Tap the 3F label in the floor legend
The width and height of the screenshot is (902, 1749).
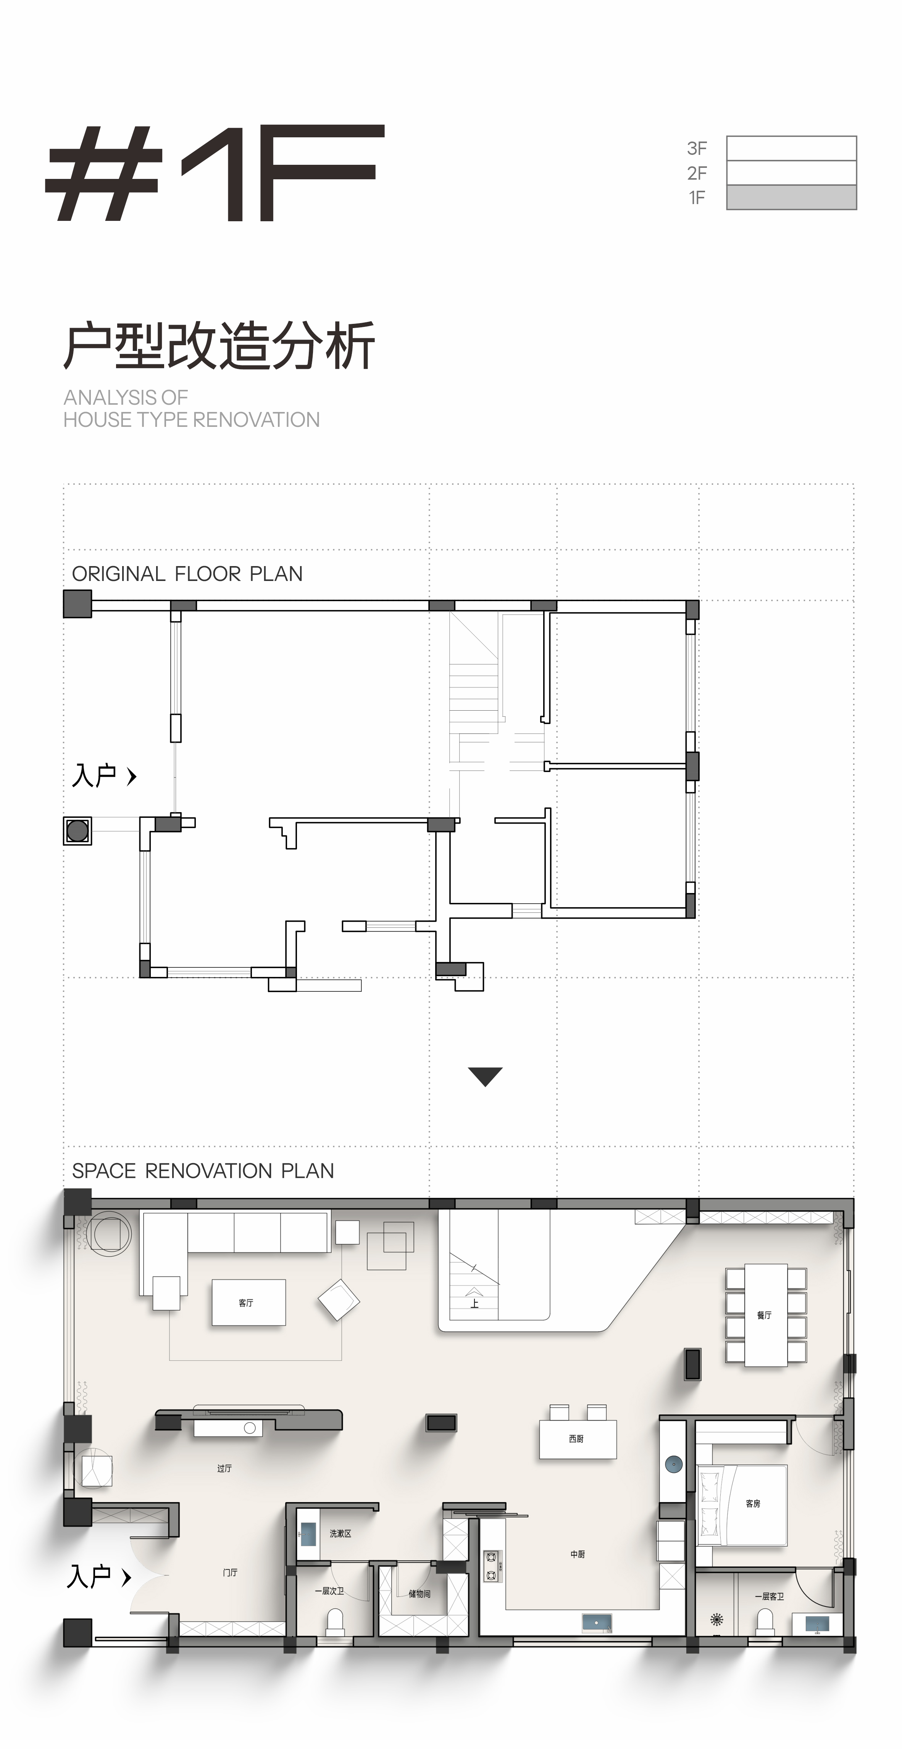[697, 148]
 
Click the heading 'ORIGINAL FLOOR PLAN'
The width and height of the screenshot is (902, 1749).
[187, 574]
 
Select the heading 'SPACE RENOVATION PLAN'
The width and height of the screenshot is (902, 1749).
[203, 1171]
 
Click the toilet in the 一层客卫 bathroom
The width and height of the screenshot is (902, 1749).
[765, 1622]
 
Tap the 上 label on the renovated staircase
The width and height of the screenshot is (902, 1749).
[474, 1303]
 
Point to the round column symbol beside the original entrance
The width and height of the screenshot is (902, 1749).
[77, 830]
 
